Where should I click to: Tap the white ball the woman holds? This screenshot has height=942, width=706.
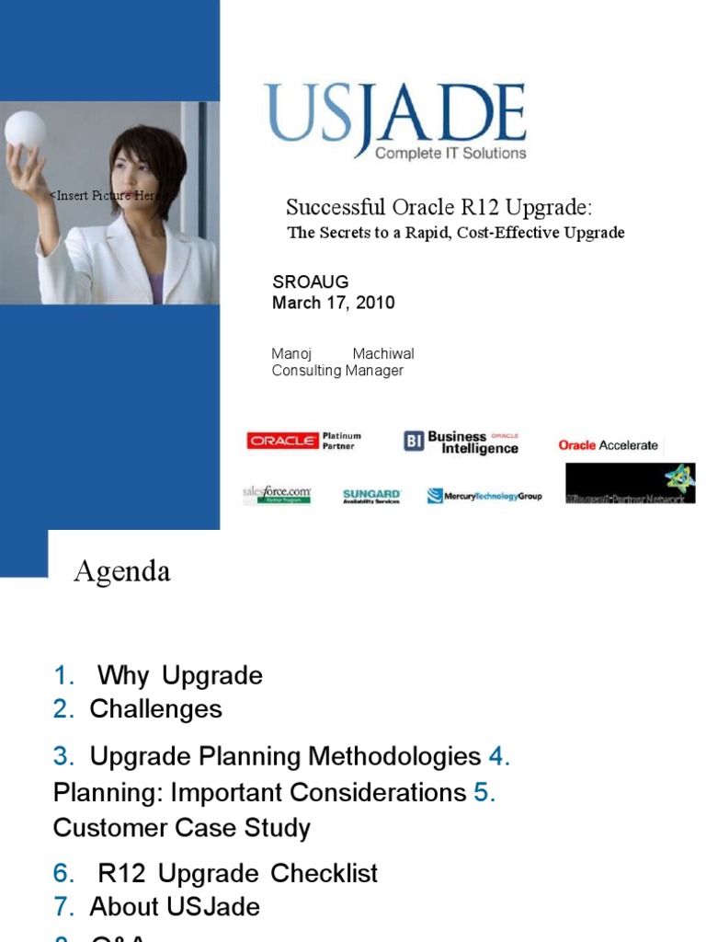[x=25, y=130]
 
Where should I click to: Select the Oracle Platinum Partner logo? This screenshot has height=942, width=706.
[x=304, y=442]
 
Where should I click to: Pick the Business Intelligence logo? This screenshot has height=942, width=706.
[x=462, y=442]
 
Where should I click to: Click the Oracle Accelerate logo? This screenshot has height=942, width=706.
[x=608, y=445]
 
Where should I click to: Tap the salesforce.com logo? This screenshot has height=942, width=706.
[x=276, y=495]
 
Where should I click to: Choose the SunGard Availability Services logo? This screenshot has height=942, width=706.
[x=371, y=496]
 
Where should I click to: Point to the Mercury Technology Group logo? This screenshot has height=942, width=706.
[x=484, y=496]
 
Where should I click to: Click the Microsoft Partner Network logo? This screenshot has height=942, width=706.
[x=630, y=485]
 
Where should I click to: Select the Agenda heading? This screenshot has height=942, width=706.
[x=122, y=572]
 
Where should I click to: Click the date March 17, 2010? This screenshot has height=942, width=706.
[x=334, y=303]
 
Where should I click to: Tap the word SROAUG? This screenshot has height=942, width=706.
[x=311, y=282]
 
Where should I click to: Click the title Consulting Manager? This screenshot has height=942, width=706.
[x=337, y=371]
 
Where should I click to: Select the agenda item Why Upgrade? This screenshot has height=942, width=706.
[x=179, y=676]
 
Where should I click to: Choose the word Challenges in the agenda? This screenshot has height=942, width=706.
[x=155, y=709]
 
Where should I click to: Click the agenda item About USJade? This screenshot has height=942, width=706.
[x=175, y=907]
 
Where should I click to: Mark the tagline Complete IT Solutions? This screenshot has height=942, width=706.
[x=450, y=153]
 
